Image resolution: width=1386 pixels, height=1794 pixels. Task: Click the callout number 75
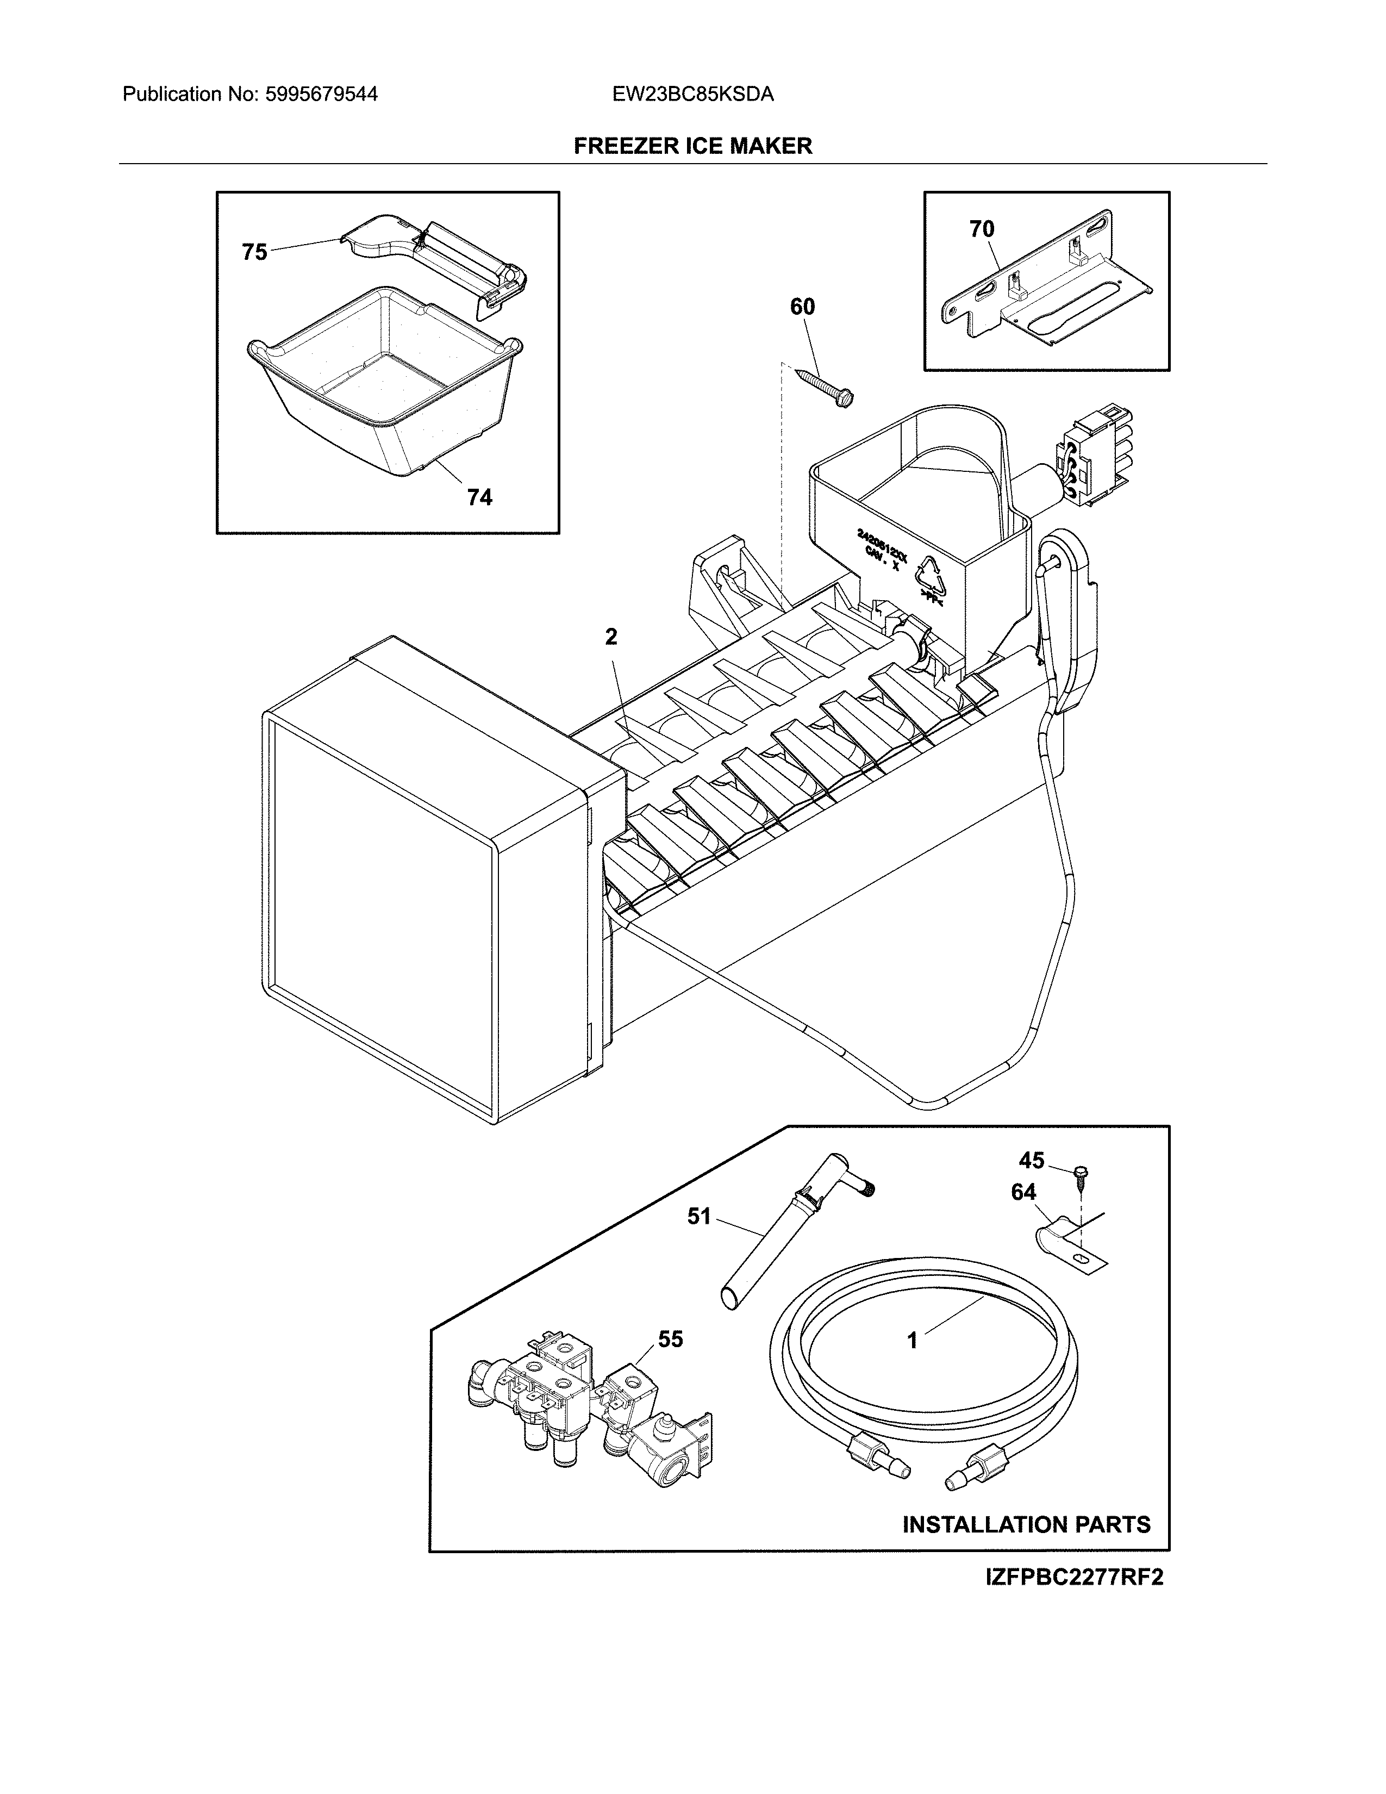[x=254, y=252]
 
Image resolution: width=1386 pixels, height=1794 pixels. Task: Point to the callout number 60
[x=802, y=307]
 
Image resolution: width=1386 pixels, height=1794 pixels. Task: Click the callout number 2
[x=611, y=637]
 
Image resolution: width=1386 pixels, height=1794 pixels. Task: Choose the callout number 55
[x=670, y=1339]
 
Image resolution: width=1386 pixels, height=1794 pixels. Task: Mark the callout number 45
[x=1031, y=1160]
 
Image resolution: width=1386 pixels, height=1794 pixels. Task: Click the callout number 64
[x=1023, y=1192]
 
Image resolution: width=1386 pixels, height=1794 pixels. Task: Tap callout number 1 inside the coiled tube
[x=911, y=1341]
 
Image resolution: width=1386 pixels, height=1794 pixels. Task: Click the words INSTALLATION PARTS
[x=1026, y=1524]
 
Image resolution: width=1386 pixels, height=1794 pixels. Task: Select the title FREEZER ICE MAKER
[x=692, y=146]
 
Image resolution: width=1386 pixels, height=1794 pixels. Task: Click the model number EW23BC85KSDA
[x=692, y=95]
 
